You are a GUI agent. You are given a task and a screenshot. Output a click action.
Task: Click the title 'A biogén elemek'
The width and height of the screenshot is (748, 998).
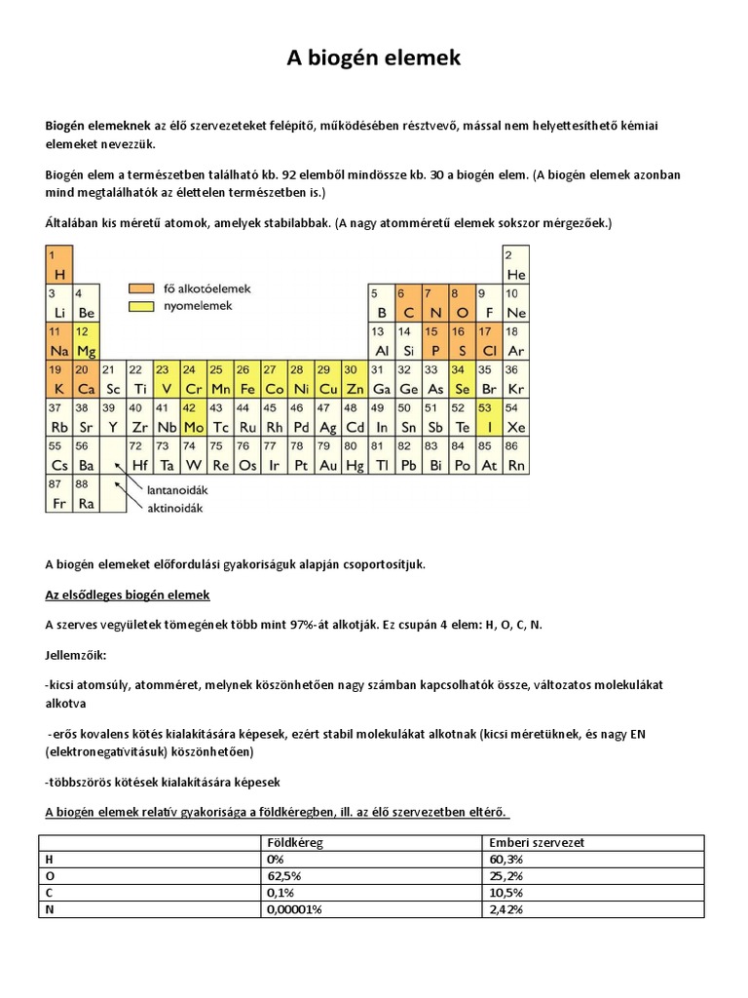[373, 59]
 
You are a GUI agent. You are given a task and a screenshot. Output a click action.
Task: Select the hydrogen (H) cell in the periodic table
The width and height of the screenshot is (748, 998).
[58, 266]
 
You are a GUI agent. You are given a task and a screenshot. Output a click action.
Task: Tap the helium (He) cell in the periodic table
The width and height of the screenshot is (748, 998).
[515, 266]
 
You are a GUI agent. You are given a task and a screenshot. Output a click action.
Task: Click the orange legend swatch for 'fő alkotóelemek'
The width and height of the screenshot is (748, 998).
[141, 288]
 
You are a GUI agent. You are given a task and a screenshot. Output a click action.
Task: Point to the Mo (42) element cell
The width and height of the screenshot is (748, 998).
[193, 419]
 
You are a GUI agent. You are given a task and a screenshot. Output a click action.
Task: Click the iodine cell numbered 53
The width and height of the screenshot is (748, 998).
[490, 419]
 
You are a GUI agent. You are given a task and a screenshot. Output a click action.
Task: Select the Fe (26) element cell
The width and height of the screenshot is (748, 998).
[247, 381]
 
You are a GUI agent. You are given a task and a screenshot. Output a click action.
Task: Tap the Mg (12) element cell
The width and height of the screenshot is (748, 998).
[86, 343]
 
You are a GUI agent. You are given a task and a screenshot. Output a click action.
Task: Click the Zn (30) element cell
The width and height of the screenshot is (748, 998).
[355, 381]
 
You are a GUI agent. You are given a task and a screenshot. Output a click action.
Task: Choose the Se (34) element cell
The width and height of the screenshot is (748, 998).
[463, 381]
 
